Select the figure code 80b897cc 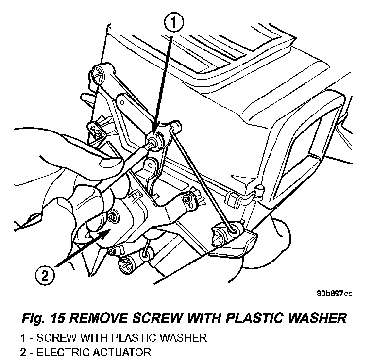coord(334,294)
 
